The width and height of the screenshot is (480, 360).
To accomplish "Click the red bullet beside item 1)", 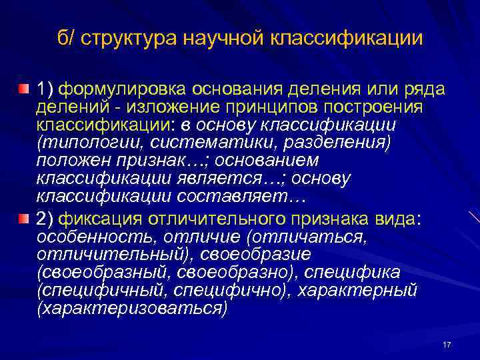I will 23,89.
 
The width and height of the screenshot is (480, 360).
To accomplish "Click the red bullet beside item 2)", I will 23,219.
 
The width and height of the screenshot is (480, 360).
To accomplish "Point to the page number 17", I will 447,345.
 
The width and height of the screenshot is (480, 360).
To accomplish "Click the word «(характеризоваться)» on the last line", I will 132,309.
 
